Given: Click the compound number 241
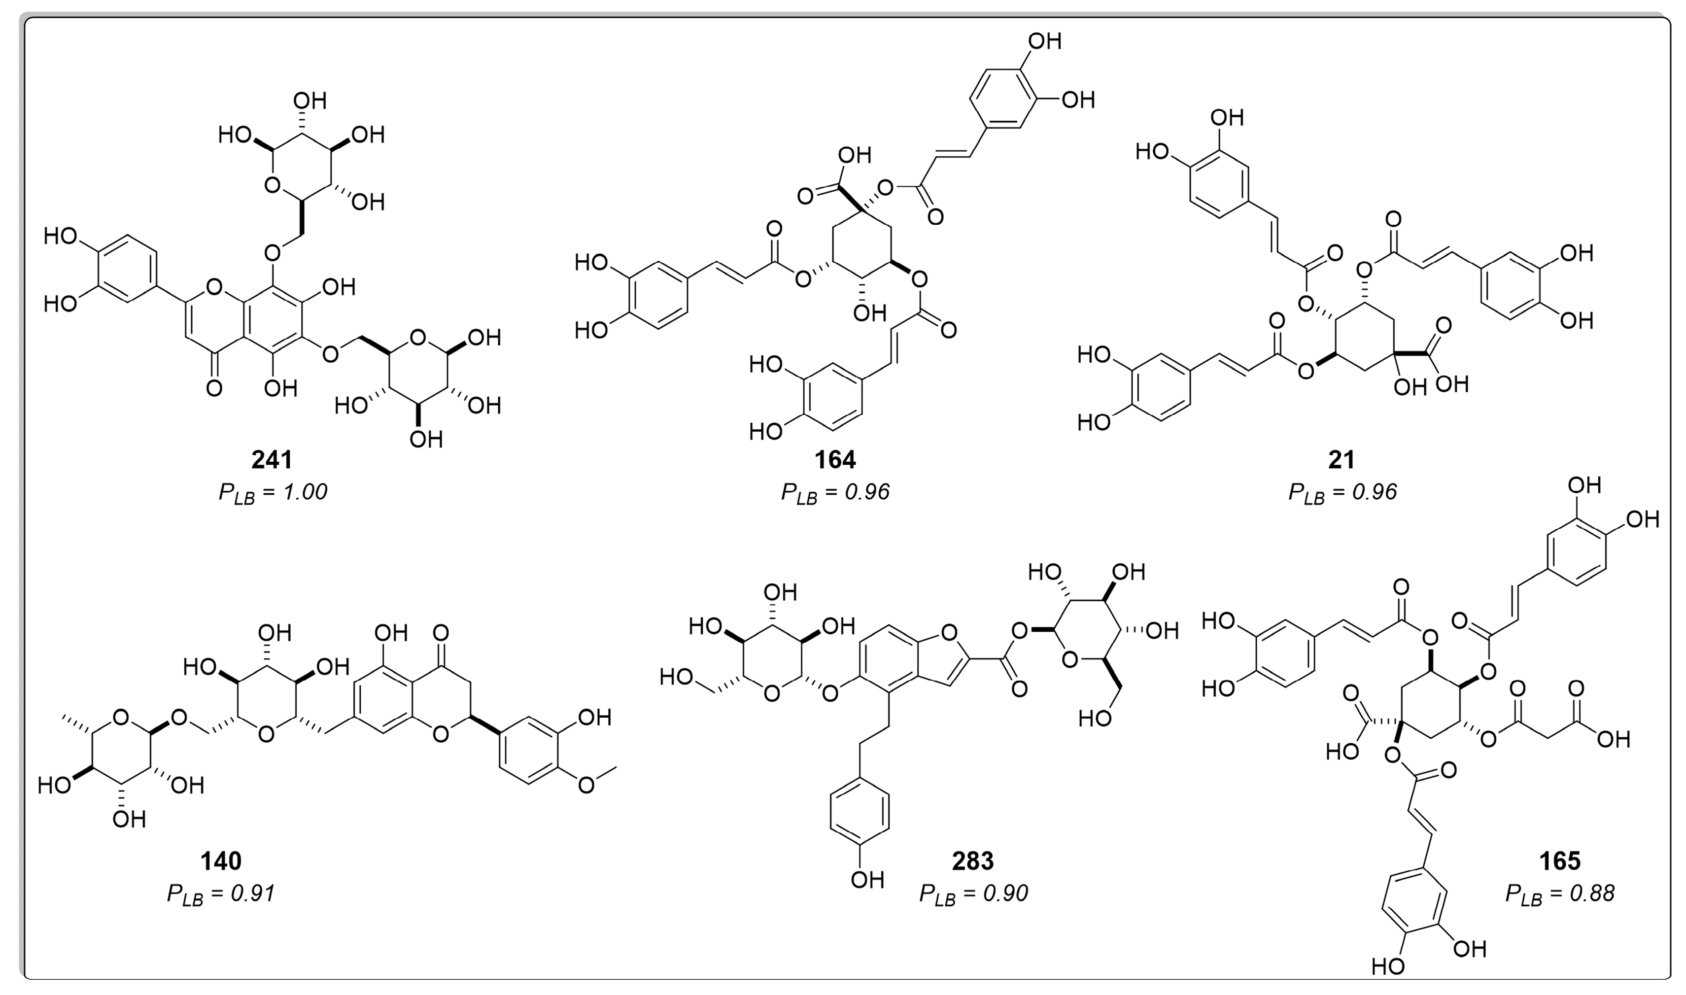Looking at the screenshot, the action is point(272,460).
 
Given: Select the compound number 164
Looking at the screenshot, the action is point(835,460).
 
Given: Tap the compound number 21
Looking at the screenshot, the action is point(1342,460).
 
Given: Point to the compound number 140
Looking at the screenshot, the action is point(221,861).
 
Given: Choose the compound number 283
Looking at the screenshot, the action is point(973,861).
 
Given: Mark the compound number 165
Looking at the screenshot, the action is point(1560,861).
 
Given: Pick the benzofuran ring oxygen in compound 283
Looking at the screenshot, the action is point(949,632).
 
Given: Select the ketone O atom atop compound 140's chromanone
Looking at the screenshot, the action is point(441,632).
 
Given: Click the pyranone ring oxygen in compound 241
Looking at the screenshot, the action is point(214,288).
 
